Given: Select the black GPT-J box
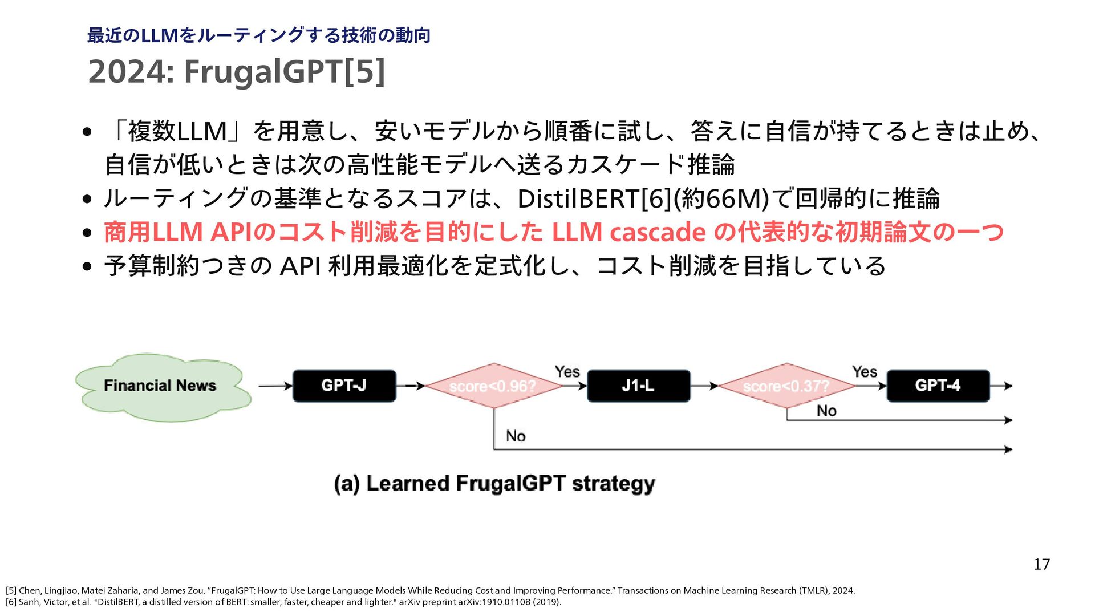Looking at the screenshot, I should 344,386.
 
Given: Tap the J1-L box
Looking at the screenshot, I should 638,386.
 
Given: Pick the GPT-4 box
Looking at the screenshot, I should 938,386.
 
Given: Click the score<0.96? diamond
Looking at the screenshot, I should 493,386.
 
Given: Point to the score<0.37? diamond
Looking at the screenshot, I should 786,386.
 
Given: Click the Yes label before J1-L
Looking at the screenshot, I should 567,372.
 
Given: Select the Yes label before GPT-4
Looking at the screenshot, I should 864,372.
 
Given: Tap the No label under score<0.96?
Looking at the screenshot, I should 516,436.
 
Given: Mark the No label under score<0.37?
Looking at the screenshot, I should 826,411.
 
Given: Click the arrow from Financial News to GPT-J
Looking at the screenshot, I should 275,386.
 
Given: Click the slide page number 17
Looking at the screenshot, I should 1041,565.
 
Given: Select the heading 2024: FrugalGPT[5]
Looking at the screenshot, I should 236,72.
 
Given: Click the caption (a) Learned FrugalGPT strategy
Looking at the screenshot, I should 494,484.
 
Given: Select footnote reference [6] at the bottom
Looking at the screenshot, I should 11,602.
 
